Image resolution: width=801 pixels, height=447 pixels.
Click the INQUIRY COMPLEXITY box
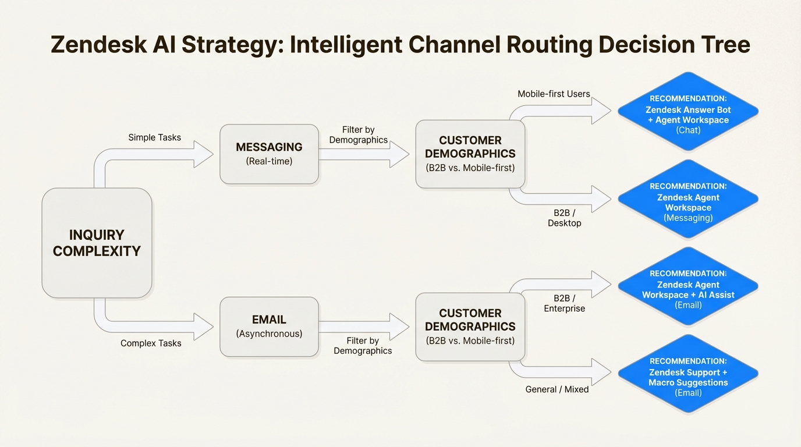[x=97, y=243]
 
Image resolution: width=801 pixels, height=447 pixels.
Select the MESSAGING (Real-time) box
[x=269, y=154]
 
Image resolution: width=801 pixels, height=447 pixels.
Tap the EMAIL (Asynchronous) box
[x=269, y=326]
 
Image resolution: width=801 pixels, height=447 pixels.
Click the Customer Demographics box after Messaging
[x=470, y=154]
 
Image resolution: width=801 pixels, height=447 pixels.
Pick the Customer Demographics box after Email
[x=470, y=327]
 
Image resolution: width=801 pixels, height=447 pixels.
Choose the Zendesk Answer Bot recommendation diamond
[x=688, y=112]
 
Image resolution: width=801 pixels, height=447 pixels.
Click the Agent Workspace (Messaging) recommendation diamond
[x=688, y=200]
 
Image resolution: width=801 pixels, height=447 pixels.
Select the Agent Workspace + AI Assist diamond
[x=688, y=287]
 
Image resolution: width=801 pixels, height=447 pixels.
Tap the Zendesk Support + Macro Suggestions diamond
[x=688, y=374]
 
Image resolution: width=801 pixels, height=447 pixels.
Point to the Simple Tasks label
[x=154, y=137]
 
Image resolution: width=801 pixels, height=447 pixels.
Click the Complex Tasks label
[x=151, y=343]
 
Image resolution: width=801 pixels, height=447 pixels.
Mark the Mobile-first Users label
[x=554, y=94]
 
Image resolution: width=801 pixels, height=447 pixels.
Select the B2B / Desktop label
[x=564, y=218]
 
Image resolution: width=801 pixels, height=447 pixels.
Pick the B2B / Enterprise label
[x=564, y=303]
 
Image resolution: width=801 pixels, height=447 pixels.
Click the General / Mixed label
[x=557, y=389]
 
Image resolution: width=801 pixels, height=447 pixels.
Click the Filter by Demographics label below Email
[x=363, y=345]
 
